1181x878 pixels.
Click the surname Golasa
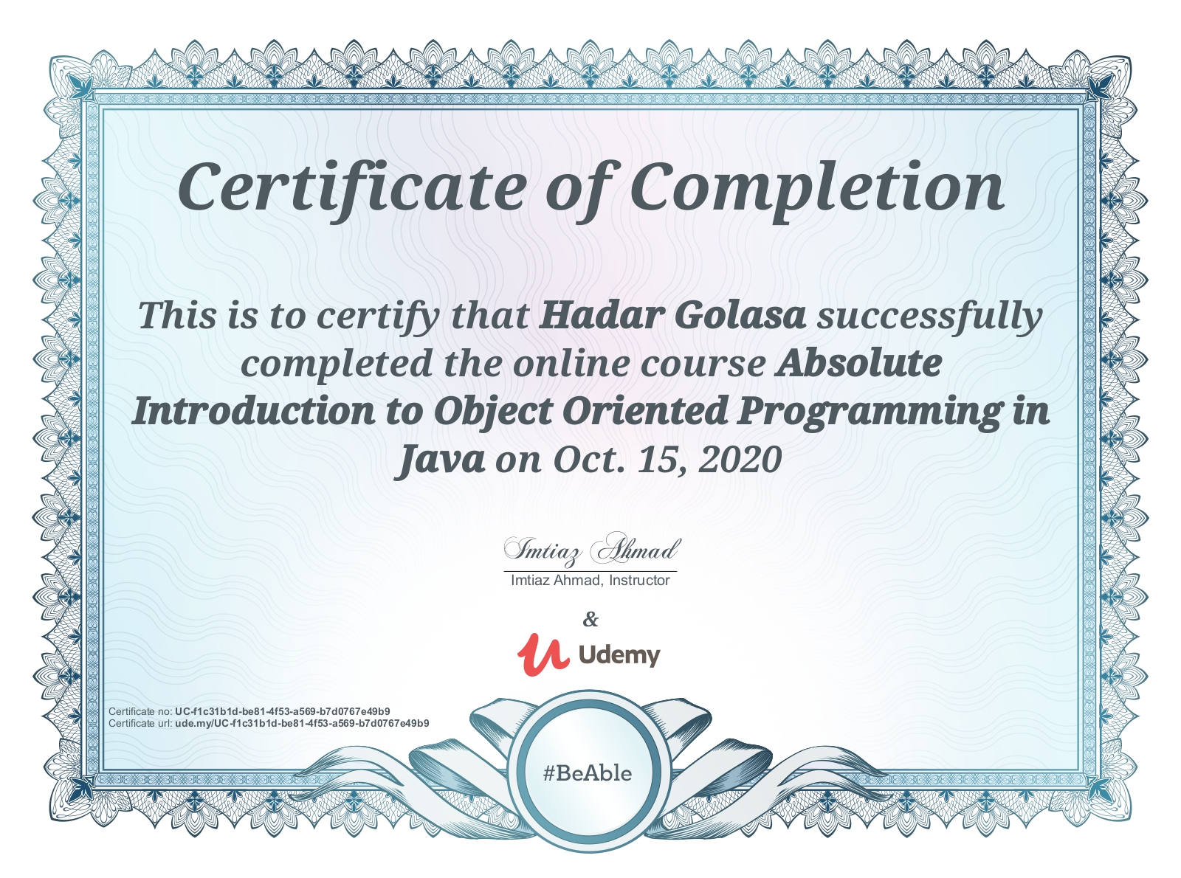740,315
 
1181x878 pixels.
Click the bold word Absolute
858,364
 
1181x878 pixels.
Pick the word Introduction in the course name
253,411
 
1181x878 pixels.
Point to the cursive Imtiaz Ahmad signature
592,550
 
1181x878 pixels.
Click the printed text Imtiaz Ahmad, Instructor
590,581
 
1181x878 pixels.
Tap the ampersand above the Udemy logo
590,619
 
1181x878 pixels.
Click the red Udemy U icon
543,654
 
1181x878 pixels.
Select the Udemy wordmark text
619,655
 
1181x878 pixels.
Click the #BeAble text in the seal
588,773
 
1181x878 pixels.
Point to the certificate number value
282,711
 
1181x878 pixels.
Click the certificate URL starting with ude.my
302,723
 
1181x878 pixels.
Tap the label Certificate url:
140,723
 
